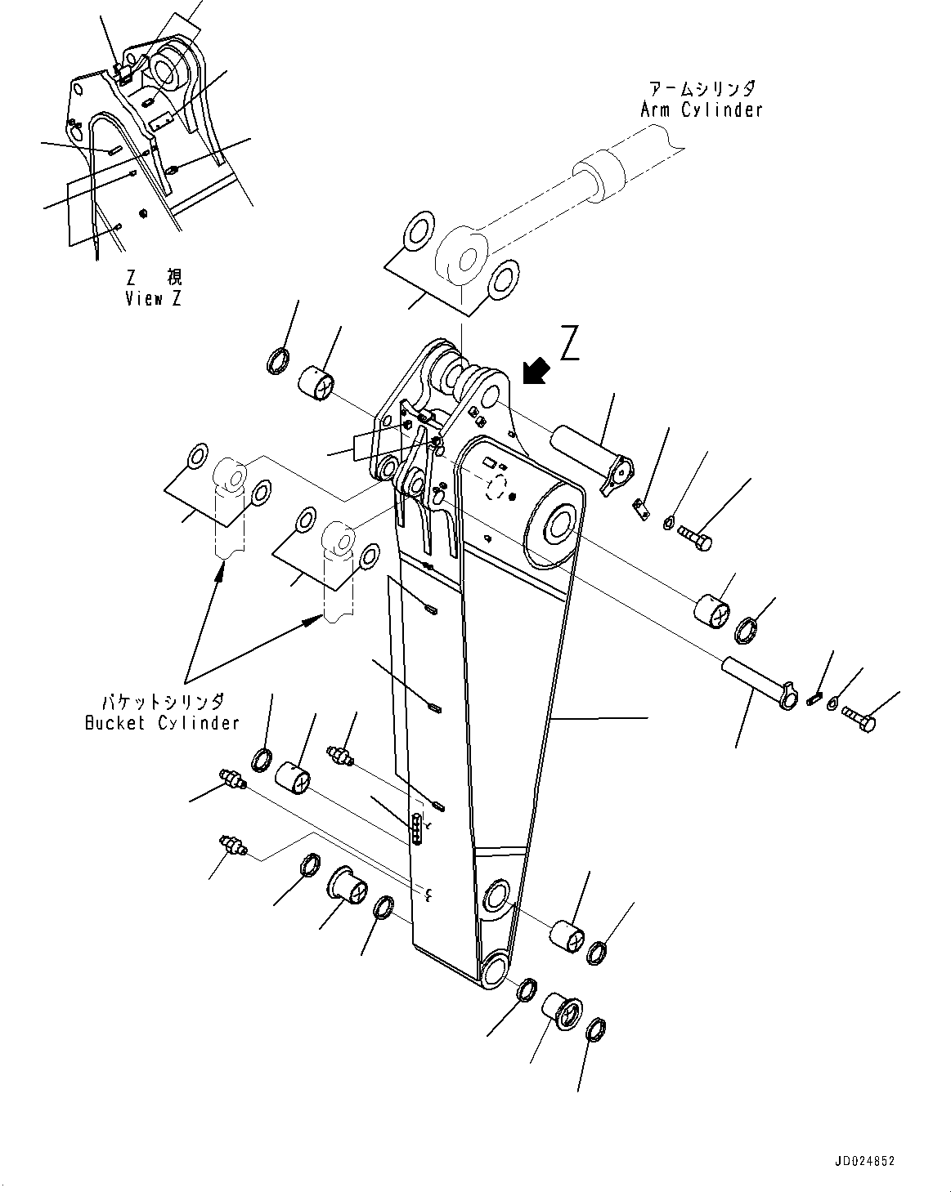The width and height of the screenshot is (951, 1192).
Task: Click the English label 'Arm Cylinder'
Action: [x=701, y=109]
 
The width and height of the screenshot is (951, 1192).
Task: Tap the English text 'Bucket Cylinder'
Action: [x=162, y=722]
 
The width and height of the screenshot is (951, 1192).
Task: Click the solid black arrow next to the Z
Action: [x=535, y=371]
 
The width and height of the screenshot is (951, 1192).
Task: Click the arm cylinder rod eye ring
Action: [x=463, y=257]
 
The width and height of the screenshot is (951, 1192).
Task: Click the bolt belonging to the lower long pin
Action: [x=859, y=720]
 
